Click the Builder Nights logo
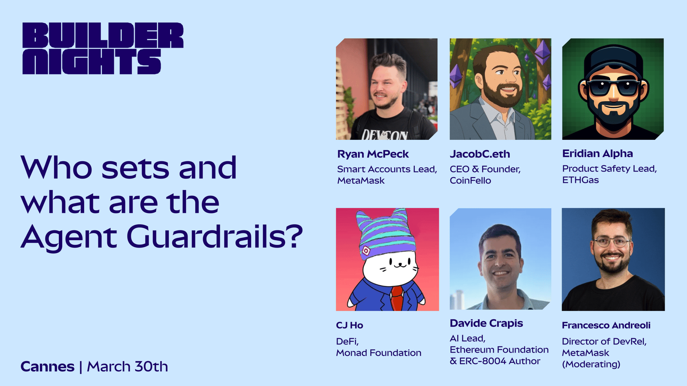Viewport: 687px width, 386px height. [x=103, y=48]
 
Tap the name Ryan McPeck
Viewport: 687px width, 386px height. [x=373, y=154]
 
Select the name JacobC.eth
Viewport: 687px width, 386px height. [x=480, y=154]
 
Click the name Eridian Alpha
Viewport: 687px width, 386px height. [x=597, y=153]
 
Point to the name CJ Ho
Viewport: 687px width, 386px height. [x=350, y=325]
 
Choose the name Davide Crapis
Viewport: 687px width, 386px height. [x=486, y=323]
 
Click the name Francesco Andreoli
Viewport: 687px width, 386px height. [x=606, y=325]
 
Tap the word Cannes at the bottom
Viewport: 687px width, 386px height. [x=48, y=366]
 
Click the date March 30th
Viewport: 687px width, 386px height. [x=128, y=366]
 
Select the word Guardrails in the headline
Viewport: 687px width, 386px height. [x=215, y=237]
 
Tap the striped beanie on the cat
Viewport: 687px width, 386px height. [x=385, y=234]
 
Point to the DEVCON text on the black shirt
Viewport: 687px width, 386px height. [x=384, y=135]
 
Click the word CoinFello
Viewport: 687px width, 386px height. [x=470, y=181]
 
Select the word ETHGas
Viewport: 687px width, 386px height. [x=580, y=180]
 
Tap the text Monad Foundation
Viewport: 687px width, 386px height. [x=378, y=353]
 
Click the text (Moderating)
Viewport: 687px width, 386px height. [x=591, y=364]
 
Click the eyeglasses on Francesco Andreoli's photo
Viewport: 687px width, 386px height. [x=611, y=242]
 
